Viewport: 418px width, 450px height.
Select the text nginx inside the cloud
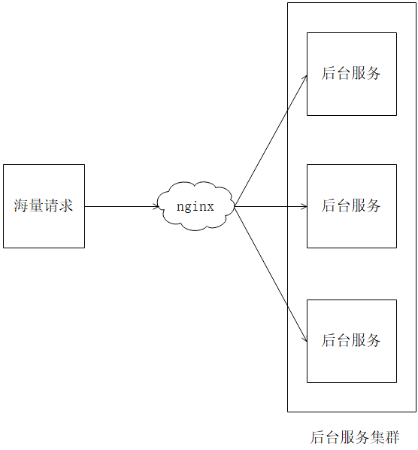[x=195, y=205]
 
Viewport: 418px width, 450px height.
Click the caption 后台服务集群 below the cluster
[x=355, y=437]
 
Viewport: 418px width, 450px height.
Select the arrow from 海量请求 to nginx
[x=120, y=205]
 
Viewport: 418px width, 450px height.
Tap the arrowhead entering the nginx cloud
[x=155, y=205]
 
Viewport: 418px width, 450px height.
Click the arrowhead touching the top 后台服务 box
[x=304, y=78]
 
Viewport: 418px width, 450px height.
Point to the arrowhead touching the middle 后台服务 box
[x=303, y=205]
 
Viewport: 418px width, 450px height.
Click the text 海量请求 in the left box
[x=44, y=205]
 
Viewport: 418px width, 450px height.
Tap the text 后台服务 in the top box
[x=351, y=73]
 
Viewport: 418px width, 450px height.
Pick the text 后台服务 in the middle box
[x=351, y=205]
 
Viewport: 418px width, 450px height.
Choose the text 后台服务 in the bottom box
[x=351, y=340]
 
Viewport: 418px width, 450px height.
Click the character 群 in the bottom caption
[x=392, y=437]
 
